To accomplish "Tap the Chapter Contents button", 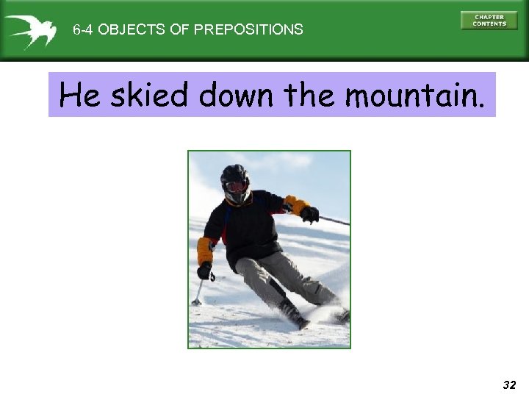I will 489,21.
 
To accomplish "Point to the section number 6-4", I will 83,30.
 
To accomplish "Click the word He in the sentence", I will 79,95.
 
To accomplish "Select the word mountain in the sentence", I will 414,95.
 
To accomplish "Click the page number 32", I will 509,385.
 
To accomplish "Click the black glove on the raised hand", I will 309,214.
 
